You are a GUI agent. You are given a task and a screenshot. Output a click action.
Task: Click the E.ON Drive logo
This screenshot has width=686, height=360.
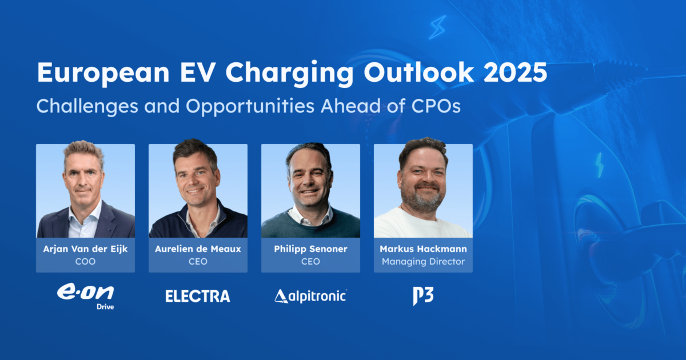85,296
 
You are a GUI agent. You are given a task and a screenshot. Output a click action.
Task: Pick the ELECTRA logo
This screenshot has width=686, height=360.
198,296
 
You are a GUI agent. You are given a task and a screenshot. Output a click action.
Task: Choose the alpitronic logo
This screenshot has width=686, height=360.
310,295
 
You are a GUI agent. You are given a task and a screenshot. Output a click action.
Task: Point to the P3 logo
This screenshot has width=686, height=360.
423,296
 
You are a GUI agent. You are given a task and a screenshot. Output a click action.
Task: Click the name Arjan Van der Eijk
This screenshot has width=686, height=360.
85,249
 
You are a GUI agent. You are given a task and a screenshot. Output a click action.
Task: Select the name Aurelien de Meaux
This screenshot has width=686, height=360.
198,249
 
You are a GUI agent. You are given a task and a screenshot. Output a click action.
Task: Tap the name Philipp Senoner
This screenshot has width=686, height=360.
310,249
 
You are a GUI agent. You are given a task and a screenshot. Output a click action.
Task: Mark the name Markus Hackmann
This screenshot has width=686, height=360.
423,249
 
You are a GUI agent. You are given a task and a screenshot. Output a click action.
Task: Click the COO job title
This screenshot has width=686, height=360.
85,262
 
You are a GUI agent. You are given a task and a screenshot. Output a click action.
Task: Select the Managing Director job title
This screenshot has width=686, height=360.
423,262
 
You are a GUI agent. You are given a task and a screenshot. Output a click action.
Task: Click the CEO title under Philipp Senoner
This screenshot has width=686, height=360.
310,262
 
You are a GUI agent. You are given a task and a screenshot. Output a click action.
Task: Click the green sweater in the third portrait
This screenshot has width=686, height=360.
310,229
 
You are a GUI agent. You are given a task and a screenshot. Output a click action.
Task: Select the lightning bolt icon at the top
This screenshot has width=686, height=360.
437,27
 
